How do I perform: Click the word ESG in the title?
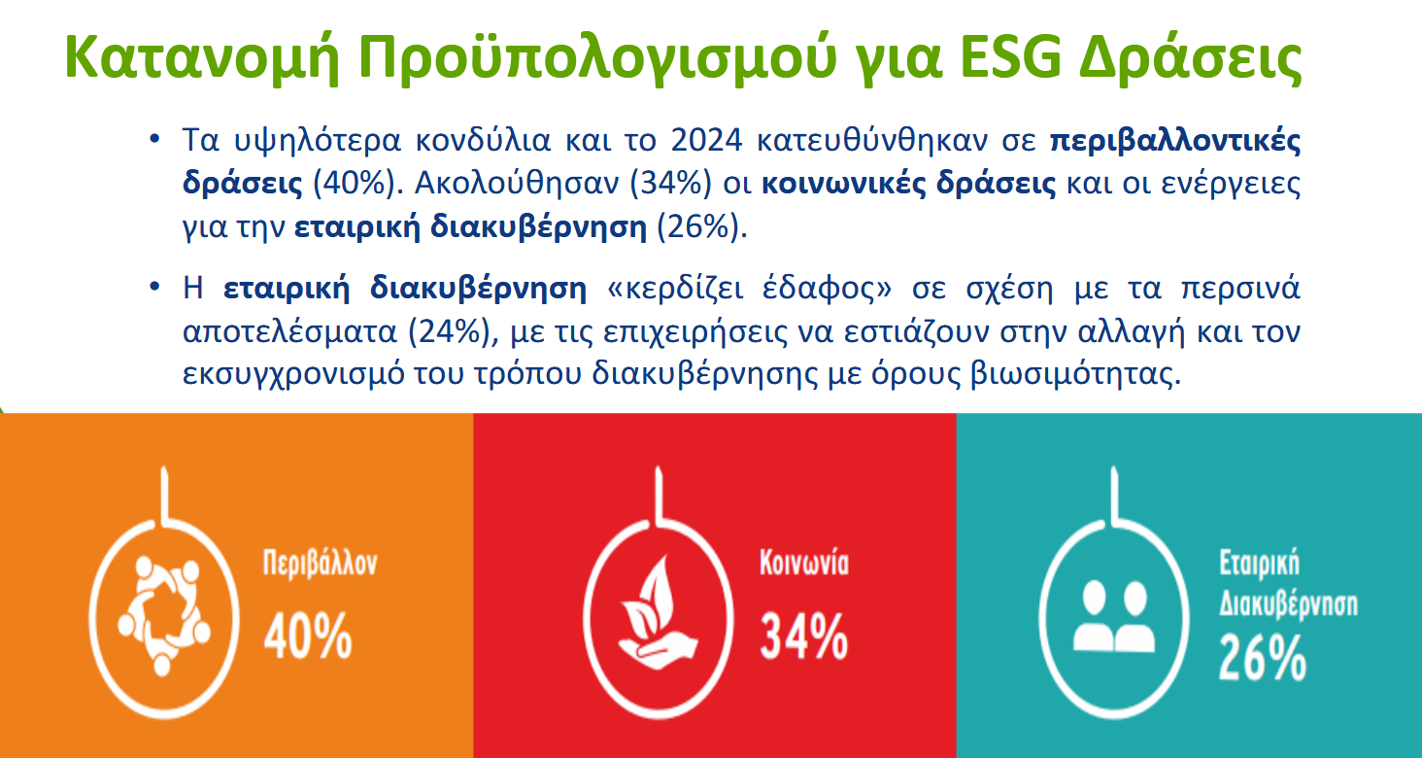point(1010,58)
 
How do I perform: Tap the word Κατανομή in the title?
point(203,58)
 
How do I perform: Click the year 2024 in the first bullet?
point(706,140)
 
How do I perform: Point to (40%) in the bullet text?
point(358,184)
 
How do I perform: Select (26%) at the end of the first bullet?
point(701,226)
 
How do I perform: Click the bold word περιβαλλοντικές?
point(1175,140)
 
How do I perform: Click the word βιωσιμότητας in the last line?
point(1075,373)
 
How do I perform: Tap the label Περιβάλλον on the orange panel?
point(320,563)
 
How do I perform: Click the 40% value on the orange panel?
point(308,636)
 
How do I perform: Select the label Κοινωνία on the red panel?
point(803,563)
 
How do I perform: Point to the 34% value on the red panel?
point(803,636)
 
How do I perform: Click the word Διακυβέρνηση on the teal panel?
point(1288,603)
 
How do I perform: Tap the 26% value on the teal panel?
point(1262,658)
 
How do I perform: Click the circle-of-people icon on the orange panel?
point(164,615)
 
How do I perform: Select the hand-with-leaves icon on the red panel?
point(658,612)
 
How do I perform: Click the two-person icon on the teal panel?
point(1113,617)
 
